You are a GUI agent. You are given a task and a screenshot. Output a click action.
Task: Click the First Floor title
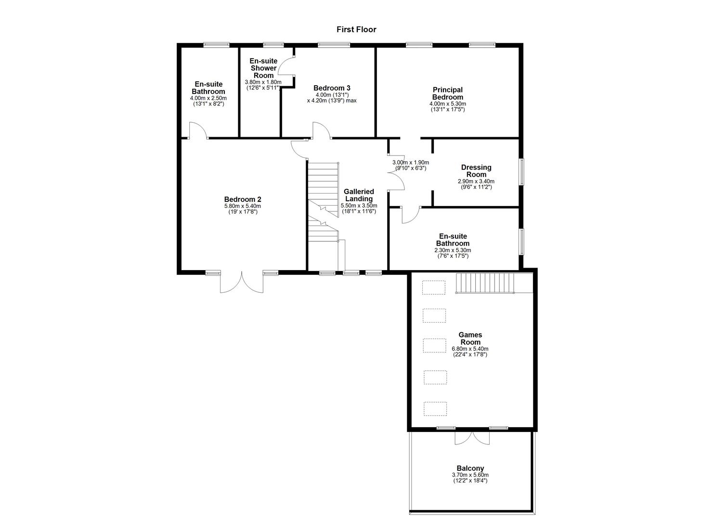coord(356,29)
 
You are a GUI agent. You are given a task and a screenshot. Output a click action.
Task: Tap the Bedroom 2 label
coord(243,199)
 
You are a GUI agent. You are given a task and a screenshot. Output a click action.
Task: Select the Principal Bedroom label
coord(447,93)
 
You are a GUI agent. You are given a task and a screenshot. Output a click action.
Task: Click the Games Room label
coord(470,338)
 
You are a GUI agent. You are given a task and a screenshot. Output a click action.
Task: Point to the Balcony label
coord(470,468)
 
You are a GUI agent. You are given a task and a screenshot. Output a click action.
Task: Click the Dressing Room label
coord(476,171)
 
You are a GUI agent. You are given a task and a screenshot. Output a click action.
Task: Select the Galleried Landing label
coord(359,195)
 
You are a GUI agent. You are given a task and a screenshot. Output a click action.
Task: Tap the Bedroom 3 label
coord(331,88)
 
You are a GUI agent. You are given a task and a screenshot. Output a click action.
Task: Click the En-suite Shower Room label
coord(263,68)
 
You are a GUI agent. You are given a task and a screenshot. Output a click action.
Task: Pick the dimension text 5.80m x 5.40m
coord(243,206)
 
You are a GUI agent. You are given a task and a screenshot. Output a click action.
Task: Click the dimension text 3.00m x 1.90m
coord(410,163)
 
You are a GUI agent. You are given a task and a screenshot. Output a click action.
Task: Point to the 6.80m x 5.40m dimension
coord(470,349)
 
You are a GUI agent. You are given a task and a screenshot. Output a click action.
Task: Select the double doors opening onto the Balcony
coord(472,437)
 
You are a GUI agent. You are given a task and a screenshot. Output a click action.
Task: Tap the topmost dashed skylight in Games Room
coord(434,287)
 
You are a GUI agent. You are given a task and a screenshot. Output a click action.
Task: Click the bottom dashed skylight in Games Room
coord(435,409)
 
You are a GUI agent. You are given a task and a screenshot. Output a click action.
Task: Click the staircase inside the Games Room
coord(485,283)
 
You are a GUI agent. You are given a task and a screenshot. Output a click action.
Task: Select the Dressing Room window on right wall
coord(521,172)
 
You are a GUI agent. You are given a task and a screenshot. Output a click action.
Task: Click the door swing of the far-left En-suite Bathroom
coord(197,130)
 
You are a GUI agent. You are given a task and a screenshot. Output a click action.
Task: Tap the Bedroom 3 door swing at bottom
coord(321,130)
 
